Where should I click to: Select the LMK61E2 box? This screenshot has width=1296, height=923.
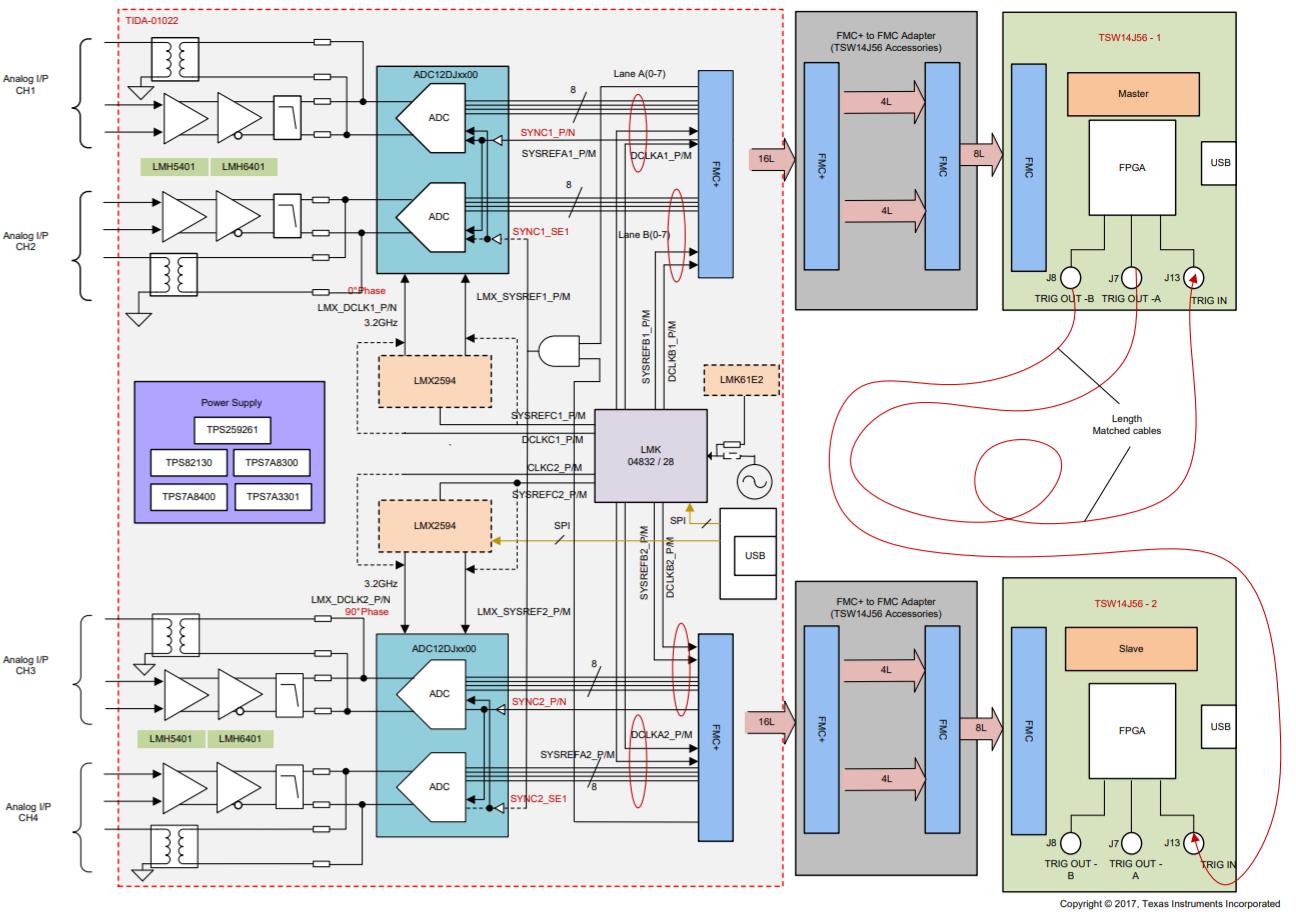(741, 379)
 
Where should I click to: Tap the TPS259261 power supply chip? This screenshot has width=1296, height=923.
(232, 431)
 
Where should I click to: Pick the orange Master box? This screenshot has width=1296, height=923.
(1132, 93)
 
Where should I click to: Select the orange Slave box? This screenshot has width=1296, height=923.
(1132, 648)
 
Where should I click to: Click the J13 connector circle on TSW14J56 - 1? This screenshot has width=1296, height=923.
(1193, 278)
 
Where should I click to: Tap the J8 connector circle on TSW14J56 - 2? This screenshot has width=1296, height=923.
(1071, 843)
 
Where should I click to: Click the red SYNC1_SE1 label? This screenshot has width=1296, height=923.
(540, 231)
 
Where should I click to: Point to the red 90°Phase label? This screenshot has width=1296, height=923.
(366, 611)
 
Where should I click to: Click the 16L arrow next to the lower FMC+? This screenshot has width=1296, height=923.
(768, 719)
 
